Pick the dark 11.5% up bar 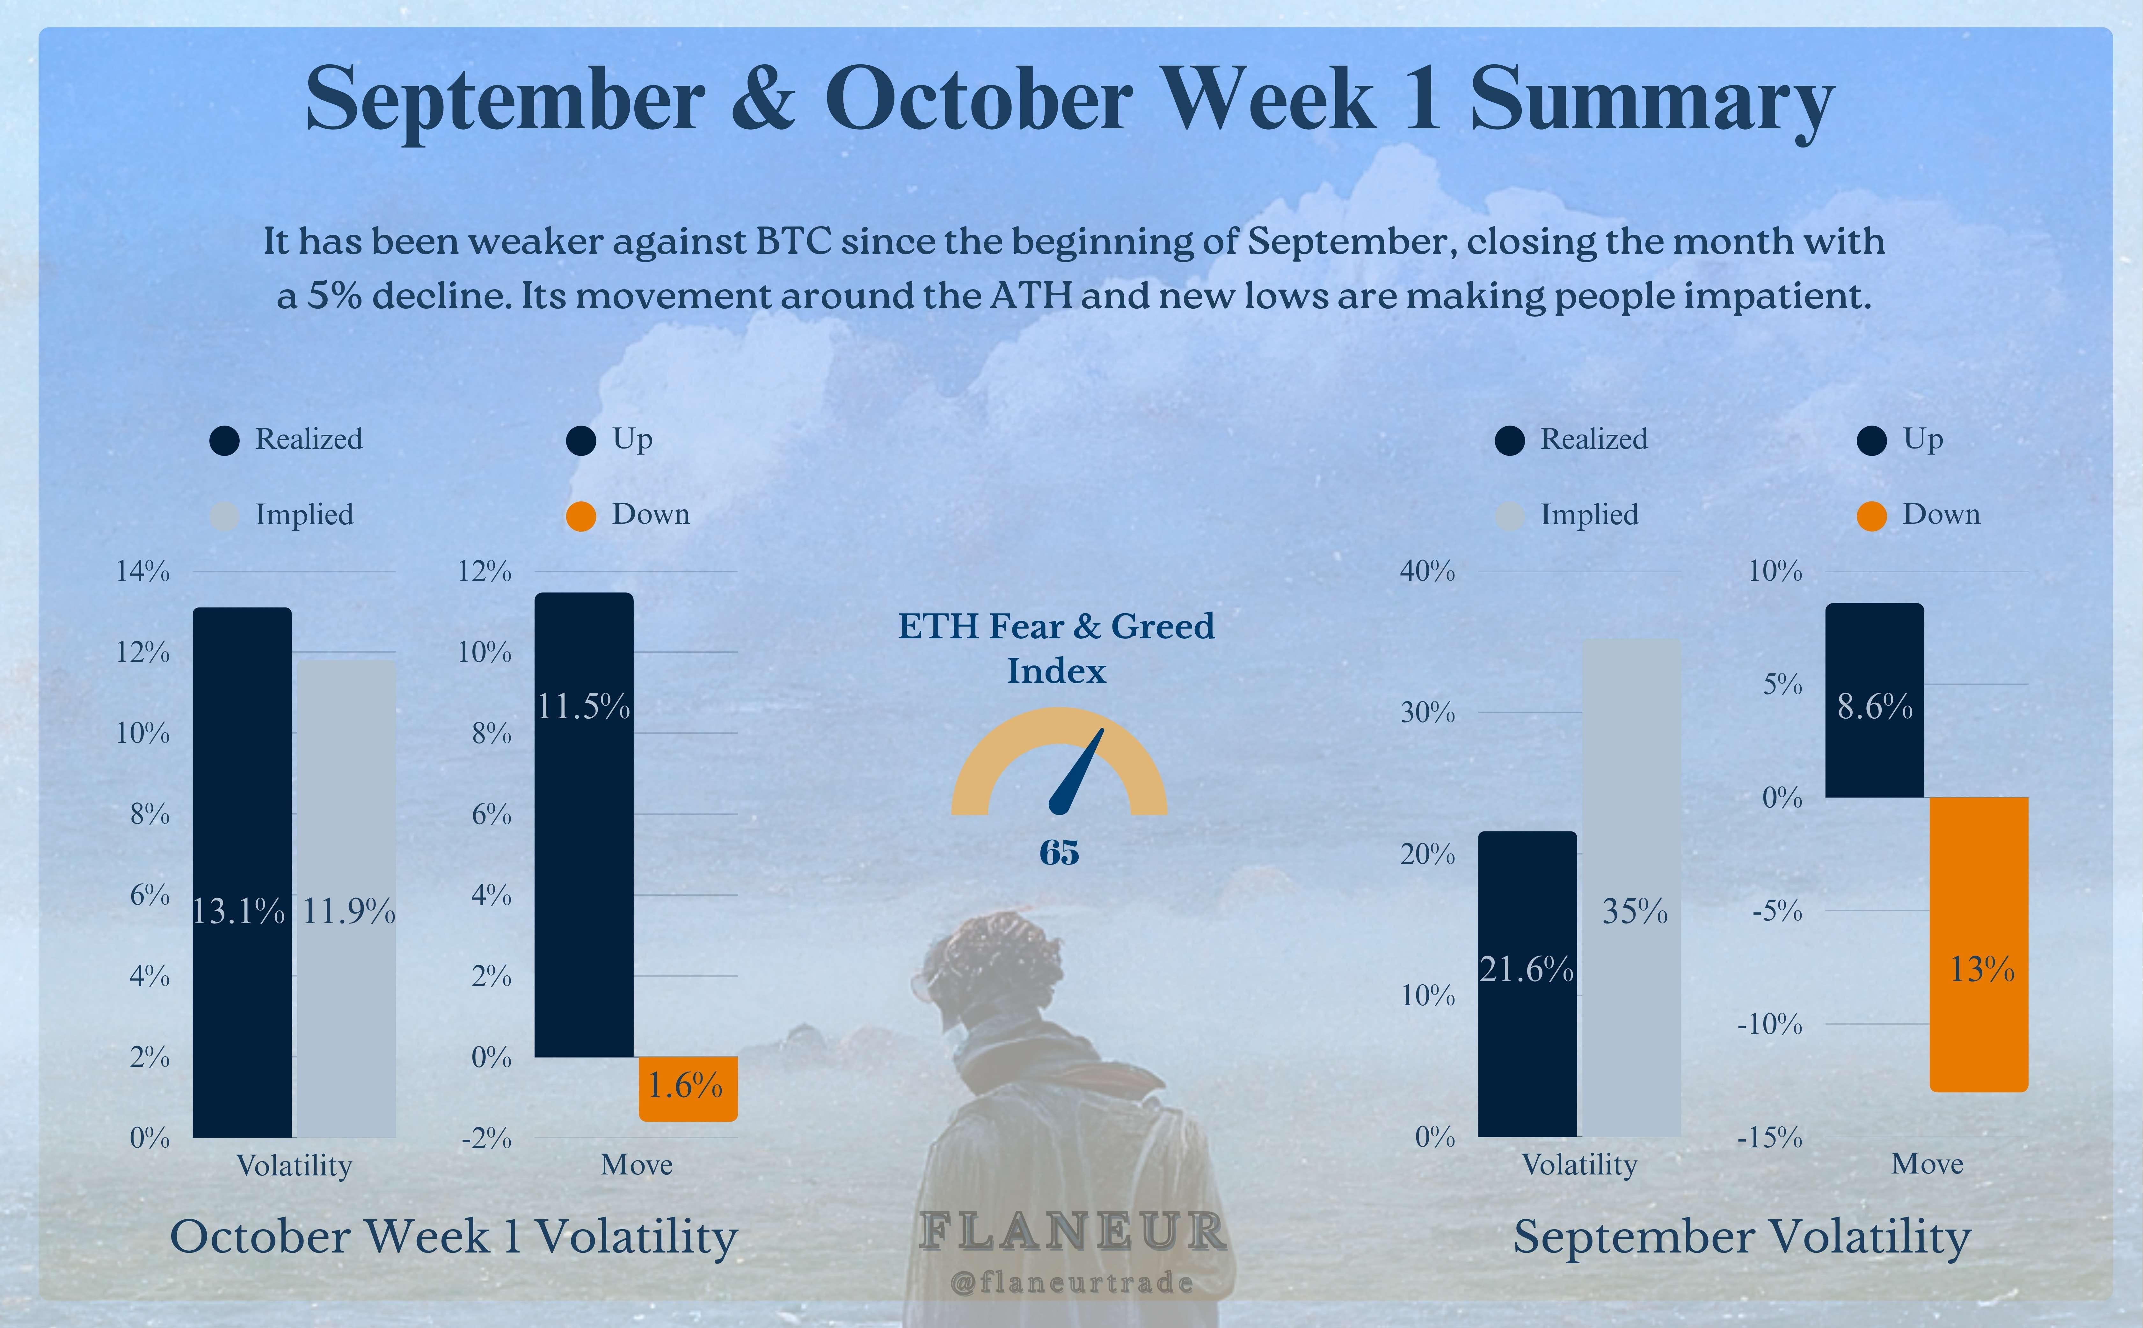point(583,825)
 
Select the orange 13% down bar point(1979,944)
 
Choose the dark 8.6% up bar point(1874,700)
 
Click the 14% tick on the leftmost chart point(143,572)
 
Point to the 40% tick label point(1427,572)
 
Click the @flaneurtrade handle point(1072,1284)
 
